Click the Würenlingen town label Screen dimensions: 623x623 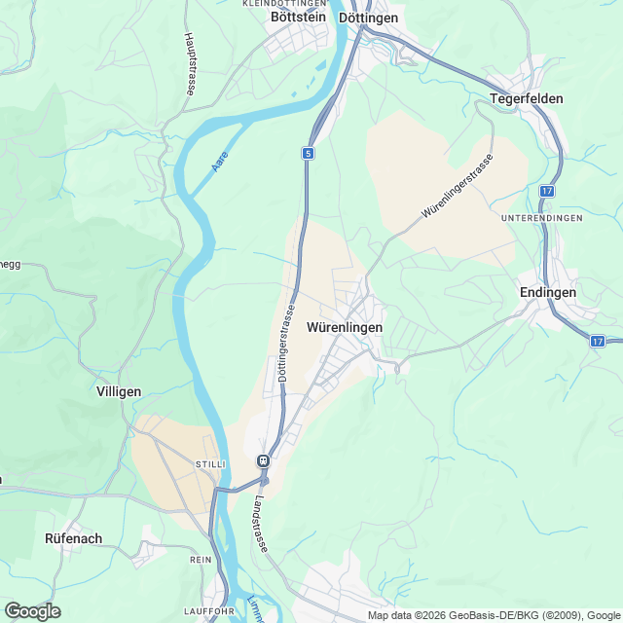[x=344, y=328]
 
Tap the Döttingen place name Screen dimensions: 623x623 [x=368, y=18]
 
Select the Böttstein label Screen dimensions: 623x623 [x=298, y=18]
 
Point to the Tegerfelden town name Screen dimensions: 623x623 [x=527, y=99]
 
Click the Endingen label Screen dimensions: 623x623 [x=548, y=292]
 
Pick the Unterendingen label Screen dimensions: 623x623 [x=542, y=218]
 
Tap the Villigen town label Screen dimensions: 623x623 [x=119, y=391]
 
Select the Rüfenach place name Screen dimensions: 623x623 [x=74, y=537]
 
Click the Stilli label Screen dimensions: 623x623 [x=210, y=465]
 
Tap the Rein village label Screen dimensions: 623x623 [x=200, y=560]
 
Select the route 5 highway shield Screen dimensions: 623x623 [x=308, y=154]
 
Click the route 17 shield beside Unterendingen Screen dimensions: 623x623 [x=548, y=192]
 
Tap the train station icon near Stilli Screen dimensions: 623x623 [x=262, y=460]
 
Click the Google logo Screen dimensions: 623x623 [x=32, y=611]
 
